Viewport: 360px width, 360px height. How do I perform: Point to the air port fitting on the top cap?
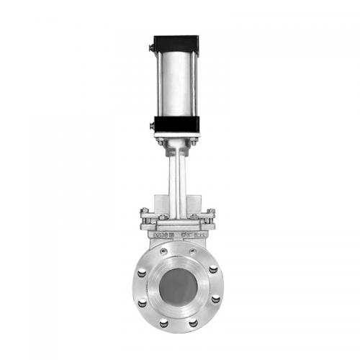[x=151, y=48]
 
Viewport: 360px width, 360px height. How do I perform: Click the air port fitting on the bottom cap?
[x=151, y=126]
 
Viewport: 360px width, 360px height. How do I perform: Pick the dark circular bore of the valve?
[x=179, y=284]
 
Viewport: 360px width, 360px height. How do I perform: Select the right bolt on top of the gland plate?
[x=210, y=212]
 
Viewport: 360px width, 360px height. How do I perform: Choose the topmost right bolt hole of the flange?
[x=192, y=251]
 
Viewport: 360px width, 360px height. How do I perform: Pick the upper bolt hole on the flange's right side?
[x=213, y=269]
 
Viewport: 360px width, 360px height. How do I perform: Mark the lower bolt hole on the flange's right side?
[x=215, y=298]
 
